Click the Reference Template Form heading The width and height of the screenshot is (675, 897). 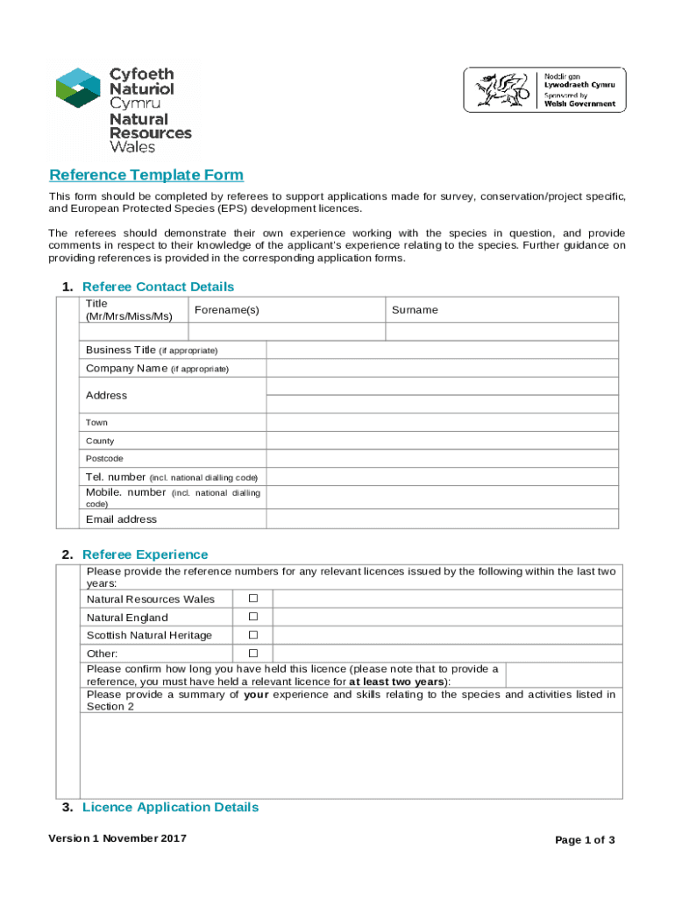[146, 175]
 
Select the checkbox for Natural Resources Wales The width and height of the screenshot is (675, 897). [252, 598]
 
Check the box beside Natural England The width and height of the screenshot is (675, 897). [252, 617]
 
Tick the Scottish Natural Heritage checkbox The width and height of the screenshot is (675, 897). [252, 634]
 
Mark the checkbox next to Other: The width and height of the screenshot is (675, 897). [252, 653]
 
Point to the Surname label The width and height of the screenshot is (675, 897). [415, 310]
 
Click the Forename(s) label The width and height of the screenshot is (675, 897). [226, 310]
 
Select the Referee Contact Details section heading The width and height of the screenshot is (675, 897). [158, 286]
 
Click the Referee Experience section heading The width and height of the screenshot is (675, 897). [145, 554]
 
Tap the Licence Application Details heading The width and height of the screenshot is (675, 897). [170, 807]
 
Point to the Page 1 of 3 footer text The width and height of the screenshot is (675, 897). [585, 840]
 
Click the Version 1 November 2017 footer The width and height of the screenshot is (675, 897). [117, 838]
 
